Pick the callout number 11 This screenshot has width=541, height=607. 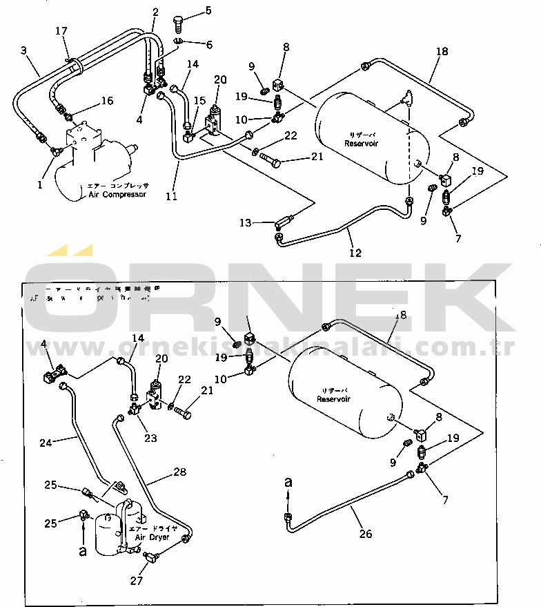[171, 196]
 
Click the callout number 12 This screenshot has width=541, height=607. [355, 253]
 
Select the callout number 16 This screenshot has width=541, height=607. [106, 101]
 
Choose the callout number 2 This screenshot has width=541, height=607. [155, 11]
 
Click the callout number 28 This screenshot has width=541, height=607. [180, 472]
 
